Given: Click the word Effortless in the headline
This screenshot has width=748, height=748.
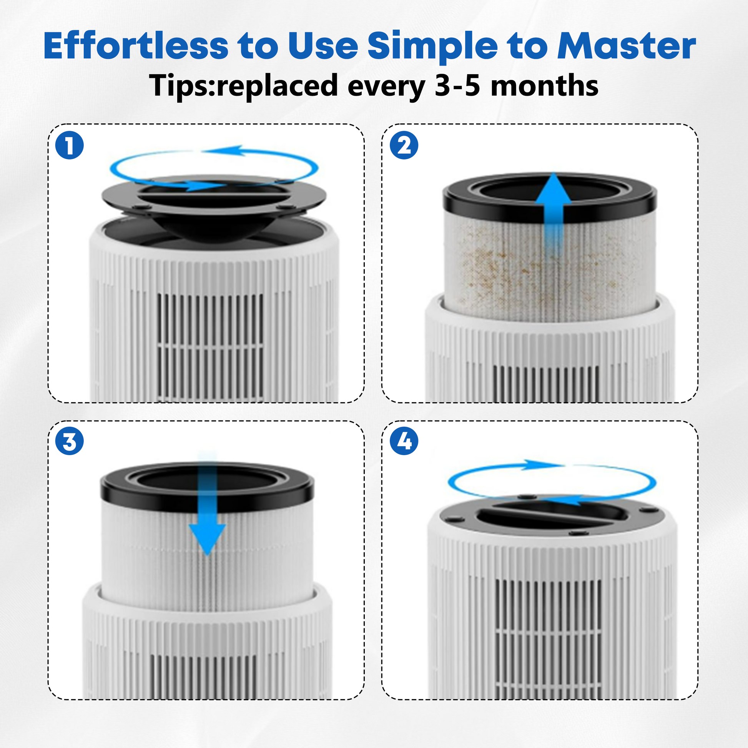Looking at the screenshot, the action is pyautogui.click(x=136, y=46).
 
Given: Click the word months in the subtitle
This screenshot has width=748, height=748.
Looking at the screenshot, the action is pyautogui.click(x=545, y=86).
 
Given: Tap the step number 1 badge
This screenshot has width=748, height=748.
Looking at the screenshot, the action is pyautogui.click(x=70, y=146).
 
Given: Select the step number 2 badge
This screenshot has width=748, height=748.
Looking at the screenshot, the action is pyautogui.click(x=404, y=146).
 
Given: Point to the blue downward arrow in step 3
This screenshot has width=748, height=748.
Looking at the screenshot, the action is pyautogui.click(x=208, y=503).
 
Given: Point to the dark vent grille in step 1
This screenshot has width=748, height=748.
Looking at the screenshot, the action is pyautogui.click(x=211, y=347).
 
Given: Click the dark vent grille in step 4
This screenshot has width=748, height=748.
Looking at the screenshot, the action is pyautogui.click(x=549, y=638).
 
